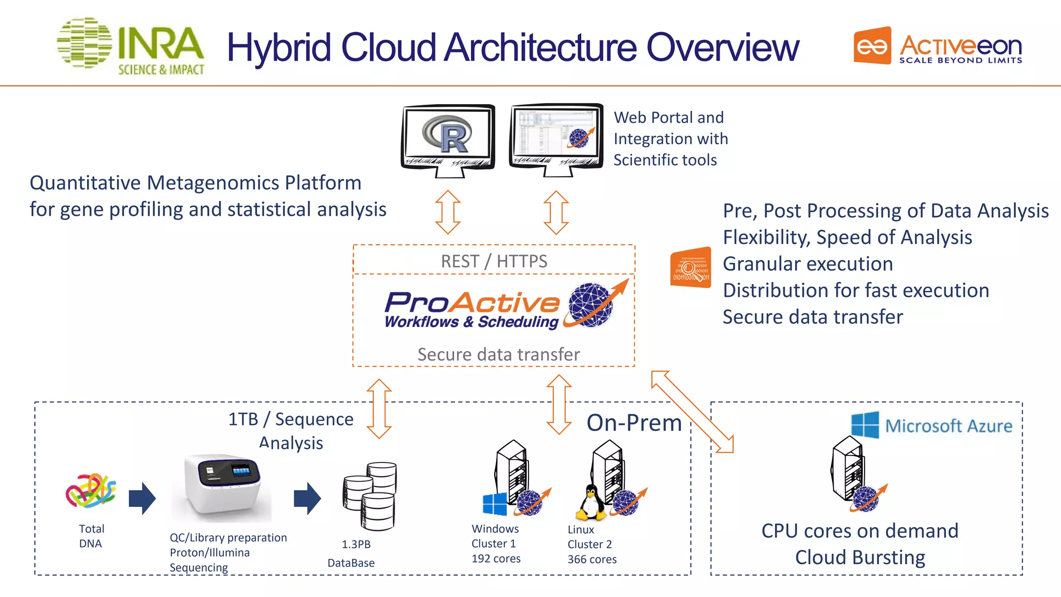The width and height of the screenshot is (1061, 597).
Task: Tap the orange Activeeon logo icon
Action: (x=872, y=46)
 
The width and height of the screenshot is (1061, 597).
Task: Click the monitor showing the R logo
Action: (x=448, y=137)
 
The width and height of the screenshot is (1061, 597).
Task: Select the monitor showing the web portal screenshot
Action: (x=556, y=137)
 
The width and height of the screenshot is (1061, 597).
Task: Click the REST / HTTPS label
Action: (x=494, y=261)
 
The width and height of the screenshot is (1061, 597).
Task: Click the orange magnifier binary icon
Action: (x=690, y=267)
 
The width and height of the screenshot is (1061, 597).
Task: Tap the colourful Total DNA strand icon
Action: (x=90, y=490)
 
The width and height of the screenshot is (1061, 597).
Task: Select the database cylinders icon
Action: (x=370, y=496)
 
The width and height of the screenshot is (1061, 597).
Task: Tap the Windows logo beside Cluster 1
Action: (x=494, y=504)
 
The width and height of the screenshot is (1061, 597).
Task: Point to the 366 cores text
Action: (x=592, y=560)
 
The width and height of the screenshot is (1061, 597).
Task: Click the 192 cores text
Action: (x=496, y=559)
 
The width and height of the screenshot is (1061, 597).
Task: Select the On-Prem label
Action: (x=634, y=423)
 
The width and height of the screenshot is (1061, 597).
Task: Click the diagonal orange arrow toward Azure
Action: (x=692, y=411)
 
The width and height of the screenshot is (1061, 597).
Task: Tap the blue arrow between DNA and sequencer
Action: (x=142, y=498)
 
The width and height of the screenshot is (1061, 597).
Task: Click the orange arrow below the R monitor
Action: (x=448, y=212)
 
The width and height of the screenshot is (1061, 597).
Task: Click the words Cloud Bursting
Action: (x=859, y=558)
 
